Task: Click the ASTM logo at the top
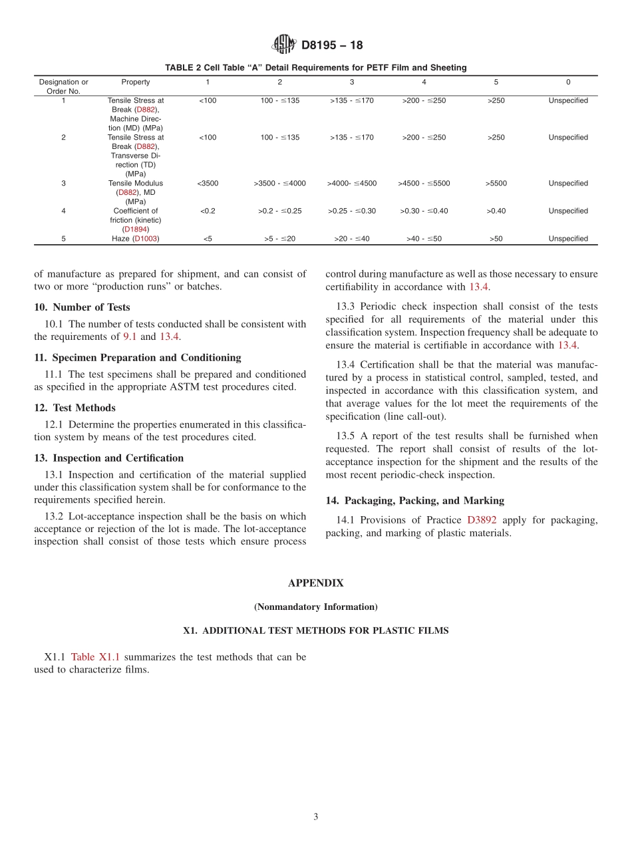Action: pos(283,45)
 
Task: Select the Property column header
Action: pos(136,82)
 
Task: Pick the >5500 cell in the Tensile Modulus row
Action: pos(496,184)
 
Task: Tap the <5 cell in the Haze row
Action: pos(208,239)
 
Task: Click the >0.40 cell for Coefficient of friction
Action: pos(496,211)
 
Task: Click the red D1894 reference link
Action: pos(136,229)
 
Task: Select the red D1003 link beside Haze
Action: pos(146,239)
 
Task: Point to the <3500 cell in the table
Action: pos(208,184)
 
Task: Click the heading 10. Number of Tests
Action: pos(82,307)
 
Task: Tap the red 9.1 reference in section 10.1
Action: pos(130,337)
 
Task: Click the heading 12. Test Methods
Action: pos(75,408)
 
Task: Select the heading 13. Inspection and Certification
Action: pos(108,458)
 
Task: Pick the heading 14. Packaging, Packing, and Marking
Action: pos(414,501)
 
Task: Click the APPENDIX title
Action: pos(315,583)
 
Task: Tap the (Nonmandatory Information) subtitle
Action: pos(315,607)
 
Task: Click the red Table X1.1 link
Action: pos(95,657)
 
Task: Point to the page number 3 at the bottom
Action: pos(316,817)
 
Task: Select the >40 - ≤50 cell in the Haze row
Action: pos(424,239)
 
